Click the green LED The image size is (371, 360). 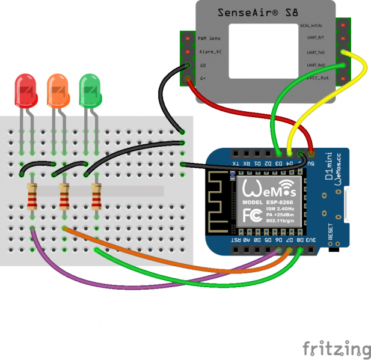click(90, 91)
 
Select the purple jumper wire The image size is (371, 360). click(90, 276)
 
